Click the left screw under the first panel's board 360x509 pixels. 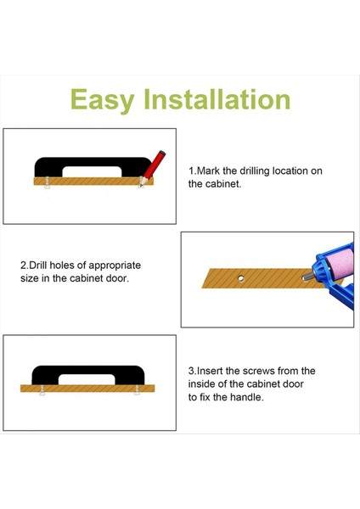click(x=44, y=187)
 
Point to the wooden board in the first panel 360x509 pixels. click(x=85, y=181)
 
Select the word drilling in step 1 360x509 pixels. click(x=259, y=171)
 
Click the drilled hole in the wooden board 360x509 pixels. click(x=241, y=277)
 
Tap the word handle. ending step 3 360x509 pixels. click(x=243, y=397)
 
